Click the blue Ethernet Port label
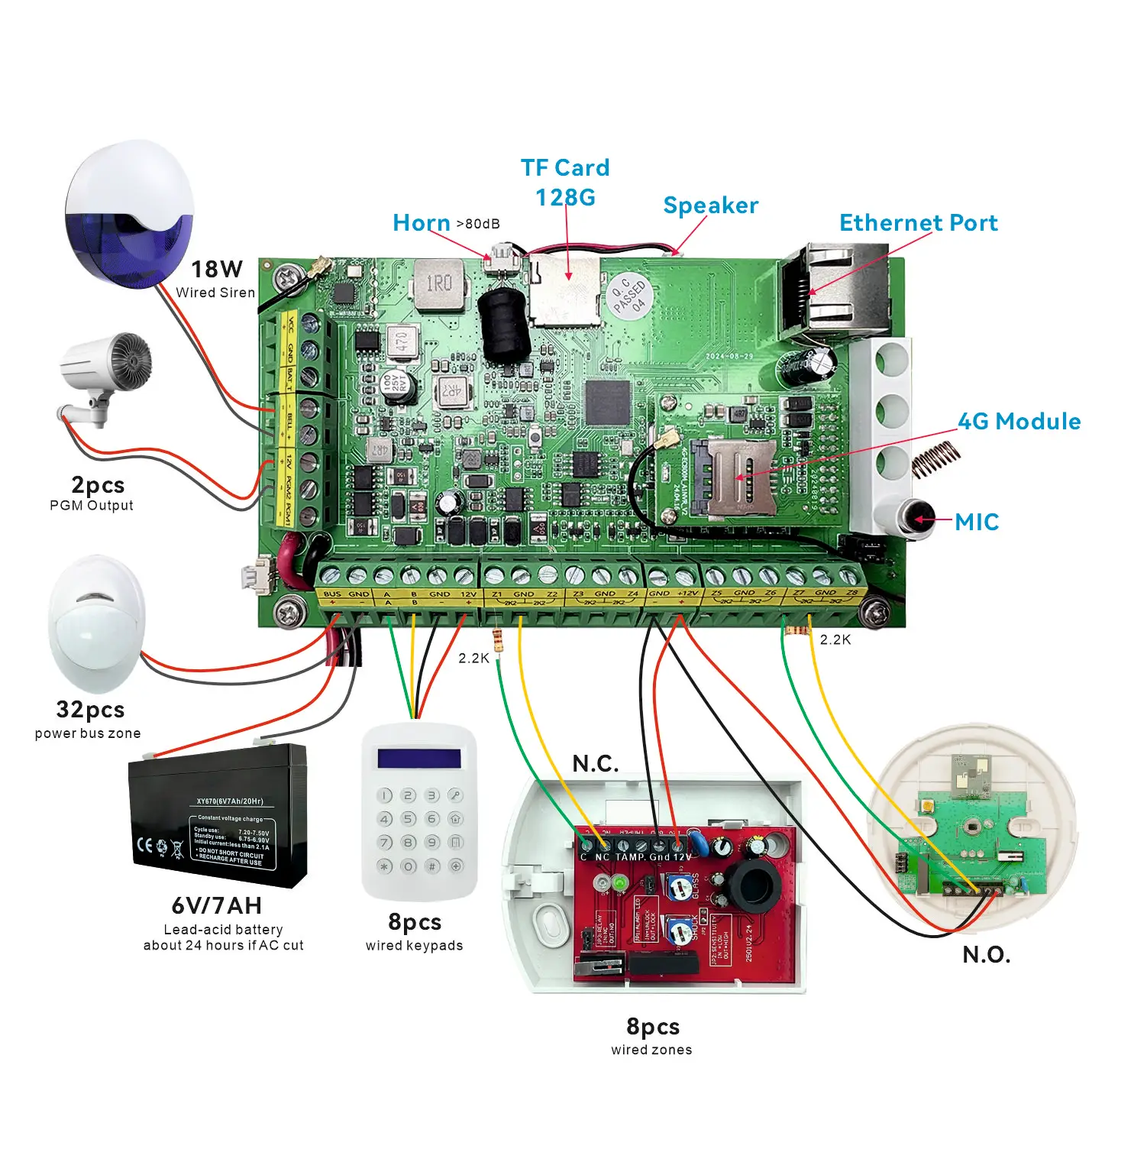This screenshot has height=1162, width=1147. [x=918, y=223]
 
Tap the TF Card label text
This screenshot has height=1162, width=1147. [x=565, y=168]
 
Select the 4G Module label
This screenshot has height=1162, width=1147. [x=1019, y=422]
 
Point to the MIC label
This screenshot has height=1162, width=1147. [x=977, y=523]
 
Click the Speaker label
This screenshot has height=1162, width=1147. [x=710, y=206]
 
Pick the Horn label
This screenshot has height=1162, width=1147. [x=421, y=223]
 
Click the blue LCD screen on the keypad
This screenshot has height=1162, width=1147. [x=419, y=758]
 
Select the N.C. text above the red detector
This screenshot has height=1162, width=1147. [x=596, y=764]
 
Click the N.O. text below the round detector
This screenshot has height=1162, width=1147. [x=986, y=955]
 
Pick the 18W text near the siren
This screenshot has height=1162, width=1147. [x=216, y=270]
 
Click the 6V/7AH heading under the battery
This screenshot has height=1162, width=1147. [x=216, y=906]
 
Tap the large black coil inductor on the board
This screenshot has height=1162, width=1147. [x=504, y=325]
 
